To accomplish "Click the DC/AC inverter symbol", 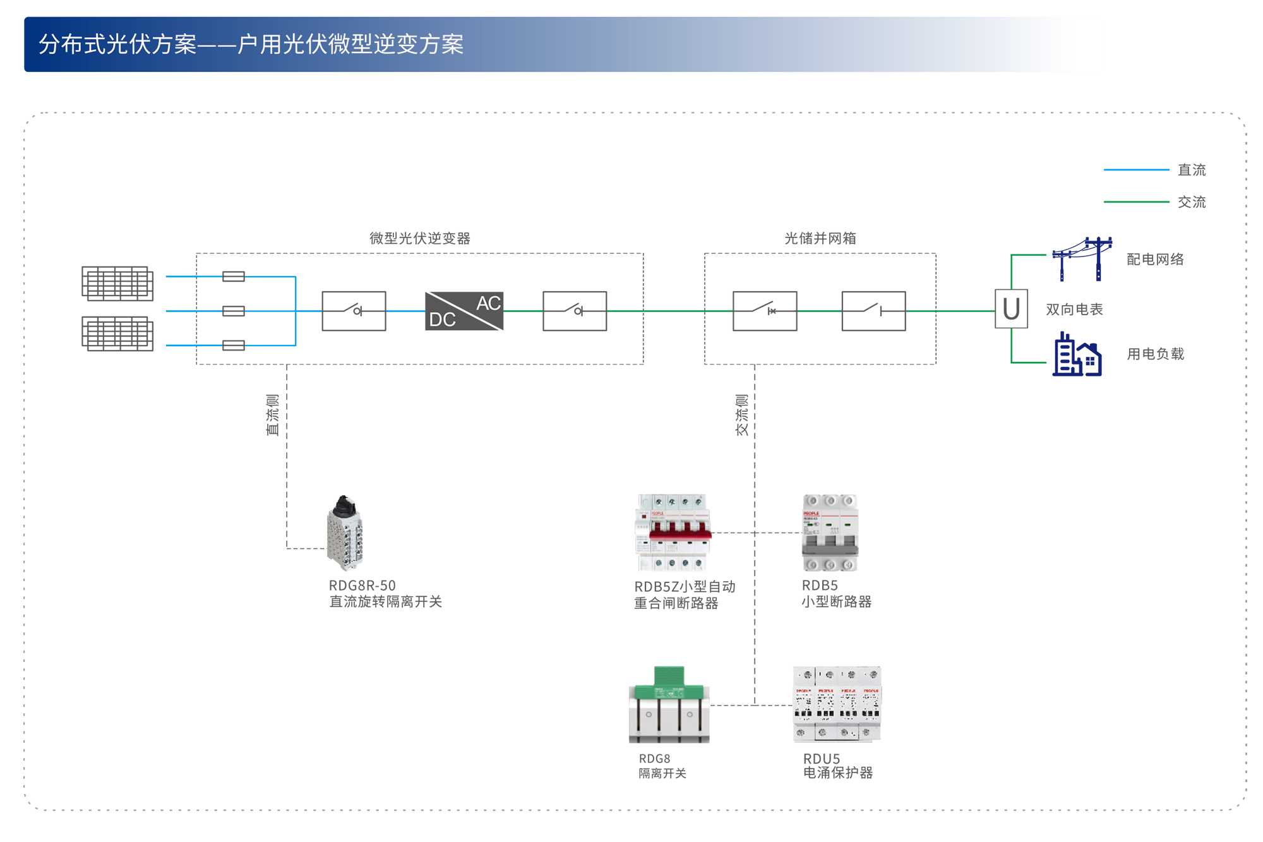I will [464, 311].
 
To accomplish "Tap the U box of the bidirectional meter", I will [1011, 309].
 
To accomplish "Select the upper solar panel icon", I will [117, 283].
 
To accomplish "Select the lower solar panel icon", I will [117, 334].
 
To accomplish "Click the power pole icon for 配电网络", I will [1082, 259].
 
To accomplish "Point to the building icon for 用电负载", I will [1077, 355].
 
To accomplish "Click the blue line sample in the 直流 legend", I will [1136, 170].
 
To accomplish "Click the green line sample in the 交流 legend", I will [1136, 202].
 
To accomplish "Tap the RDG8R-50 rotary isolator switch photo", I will [345, 533].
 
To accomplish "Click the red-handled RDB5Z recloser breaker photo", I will [673, 533].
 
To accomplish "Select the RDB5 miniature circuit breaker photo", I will [830, 533].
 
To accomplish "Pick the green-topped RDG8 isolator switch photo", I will [669, 705].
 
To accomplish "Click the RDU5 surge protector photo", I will [837, 704].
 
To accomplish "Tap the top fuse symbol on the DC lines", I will [234, 277].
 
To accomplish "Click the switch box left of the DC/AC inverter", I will [354, 311].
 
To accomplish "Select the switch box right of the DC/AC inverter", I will [575, 311].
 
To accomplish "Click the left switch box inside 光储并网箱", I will [765, 311].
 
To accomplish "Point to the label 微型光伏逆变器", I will [420, 238].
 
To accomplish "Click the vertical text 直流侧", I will [272, 415].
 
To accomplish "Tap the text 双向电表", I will [1074, 310].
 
